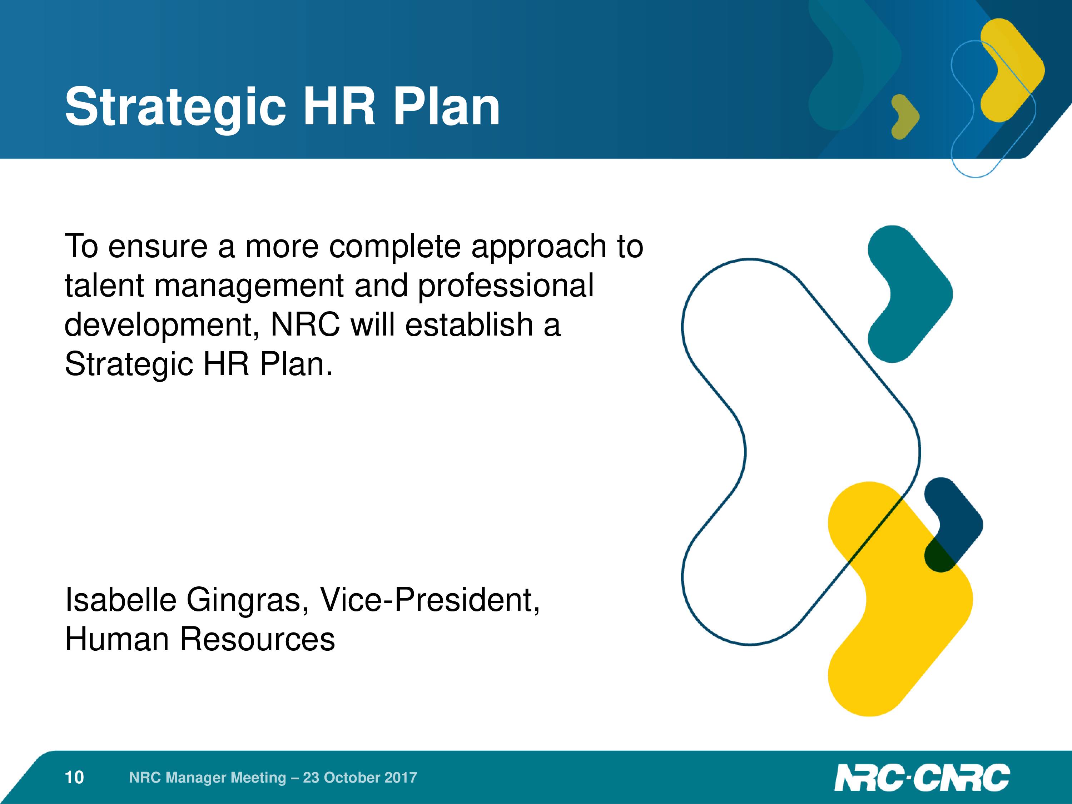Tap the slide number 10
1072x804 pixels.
point(74,777)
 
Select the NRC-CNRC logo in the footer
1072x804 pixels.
point(922,777)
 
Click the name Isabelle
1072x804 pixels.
point(121,600)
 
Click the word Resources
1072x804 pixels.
point(257,639)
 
